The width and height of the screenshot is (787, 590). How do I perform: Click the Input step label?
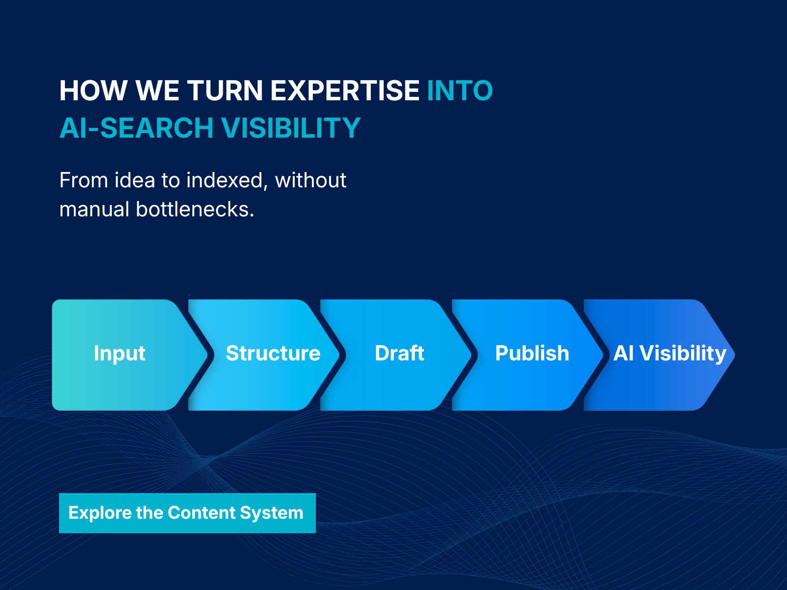tap(120, 354)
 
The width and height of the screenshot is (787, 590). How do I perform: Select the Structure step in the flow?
tap(273, 354)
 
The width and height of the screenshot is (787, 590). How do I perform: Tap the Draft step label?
tap(399, 354)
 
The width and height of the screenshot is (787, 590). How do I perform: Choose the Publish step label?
tap(532, 354)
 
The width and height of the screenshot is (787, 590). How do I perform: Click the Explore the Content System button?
tap(187, 513)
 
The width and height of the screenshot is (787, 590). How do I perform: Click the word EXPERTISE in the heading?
tap(345, 90)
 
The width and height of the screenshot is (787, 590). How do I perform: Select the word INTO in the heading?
tap(460, 90)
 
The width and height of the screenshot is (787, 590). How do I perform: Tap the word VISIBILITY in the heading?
tap(291, 128)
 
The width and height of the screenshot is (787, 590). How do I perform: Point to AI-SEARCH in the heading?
tap(137, 128)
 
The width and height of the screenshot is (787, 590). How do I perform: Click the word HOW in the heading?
tap(93, 90)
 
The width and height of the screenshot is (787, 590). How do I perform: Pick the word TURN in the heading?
tap(225, 90)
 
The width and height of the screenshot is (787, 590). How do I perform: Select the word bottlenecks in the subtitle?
tap(195, 209)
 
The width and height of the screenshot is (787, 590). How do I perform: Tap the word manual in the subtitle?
tap(94, 209)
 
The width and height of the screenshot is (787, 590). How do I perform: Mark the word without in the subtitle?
tap(310, 180)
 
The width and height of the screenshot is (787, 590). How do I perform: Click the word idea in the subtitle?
tap(134, 180)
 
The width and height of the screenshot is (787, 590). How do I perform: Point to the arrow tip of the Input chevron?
tap(207, 355)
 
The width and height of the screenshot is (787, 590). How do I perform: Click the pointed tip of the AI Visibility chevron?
tap(734, 355)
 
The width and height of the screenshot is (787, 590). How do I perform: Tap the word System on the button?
tap(272, 513)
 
